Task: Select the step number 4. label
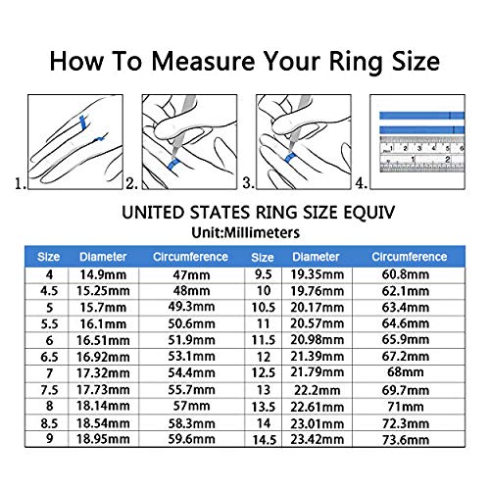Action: (x=362, y=182)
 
